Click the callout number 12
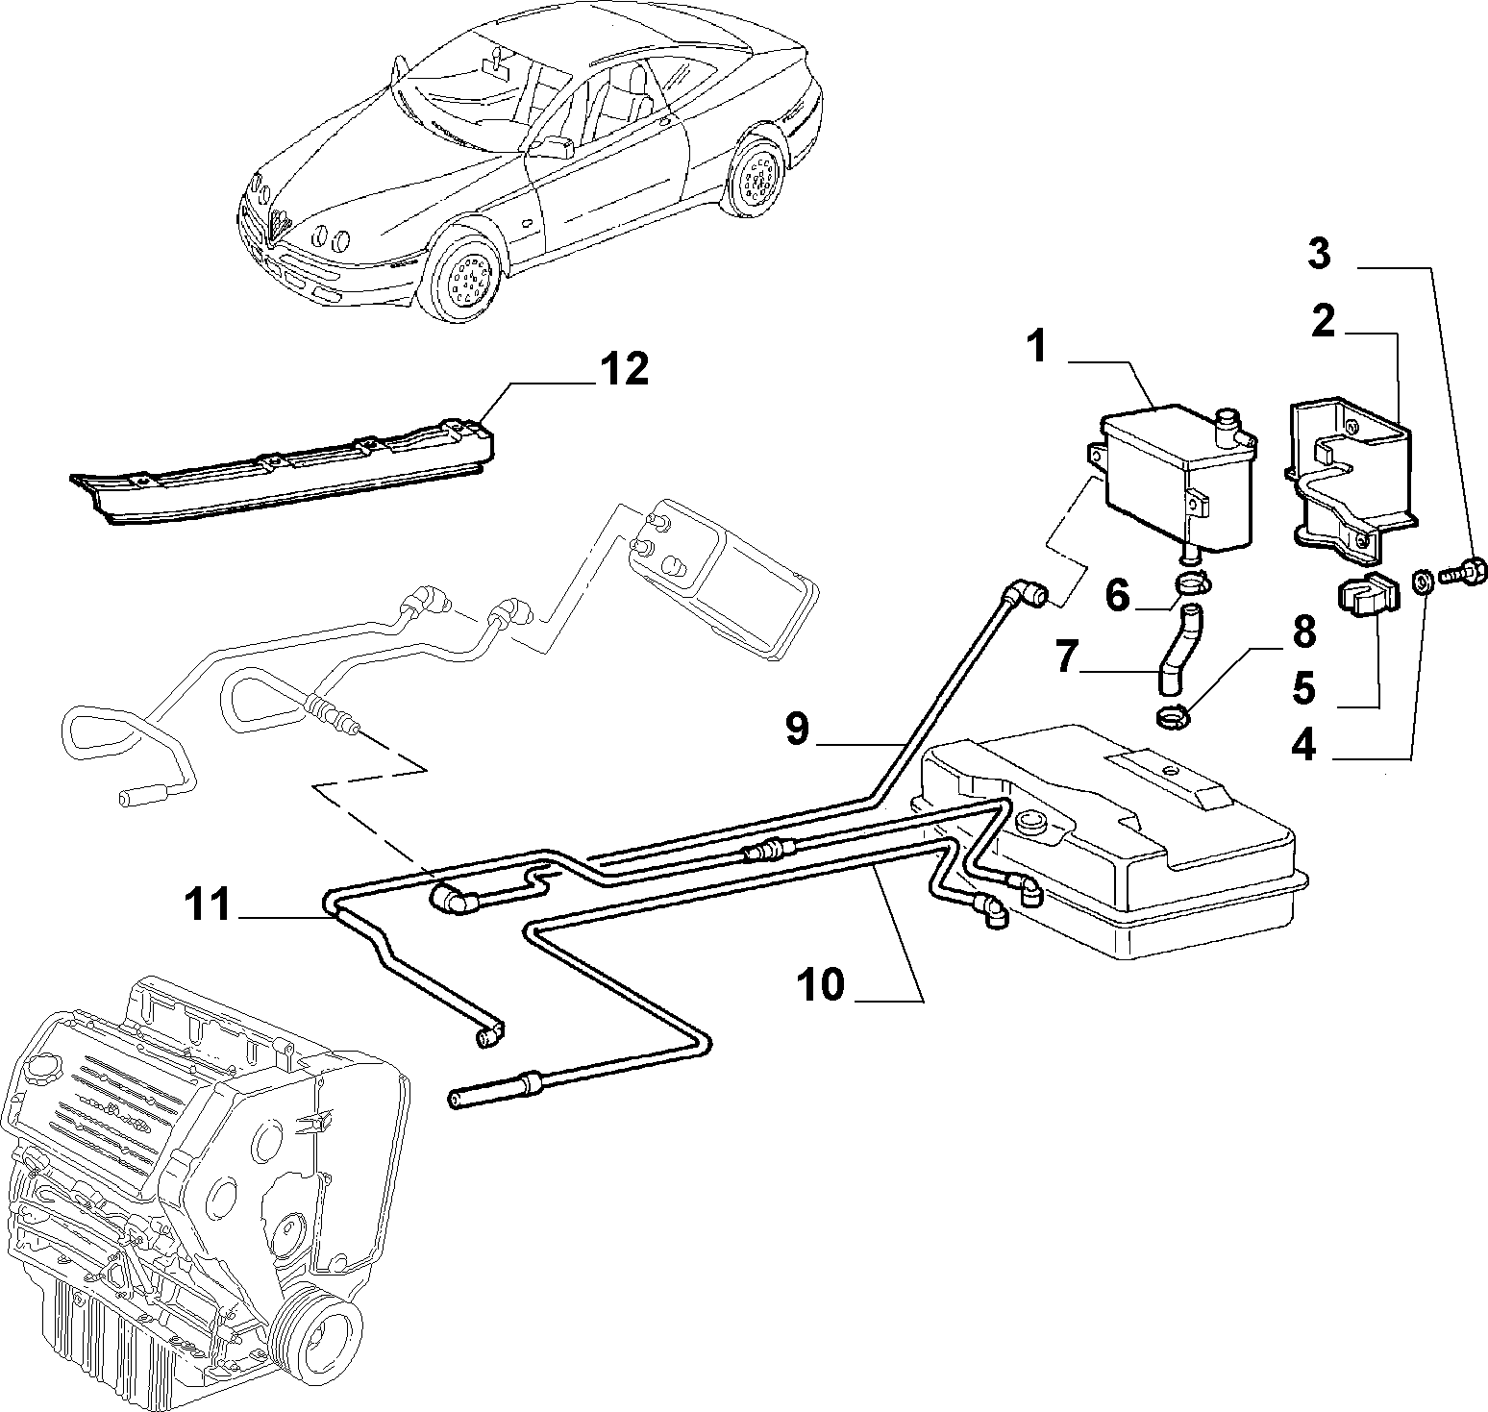[625, 368]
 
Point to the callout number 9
[797, 730]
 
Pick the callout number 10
[820, 984]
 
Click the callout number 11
[208, 904]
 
